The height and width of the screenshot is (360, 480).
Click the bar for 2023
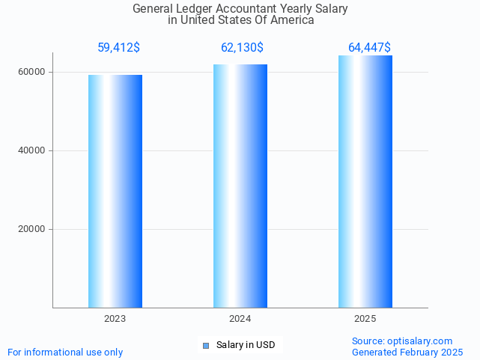pos(115,191)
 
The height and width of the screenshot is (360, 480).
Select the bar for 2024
pos(240,186)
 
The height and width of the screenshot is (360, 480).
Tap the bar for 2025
pos(365,181)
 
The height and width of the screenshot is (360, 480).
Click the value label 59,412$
pos(118,48)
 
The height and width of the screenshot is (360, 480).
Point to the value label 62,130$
pos(242,48)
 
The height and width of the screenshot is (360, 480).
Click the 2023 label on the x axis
pos(115,319)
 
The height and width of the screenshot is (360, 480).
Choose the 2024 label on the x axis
pos(240,319)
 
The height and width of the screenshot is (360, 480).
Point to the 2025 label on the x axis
pos(365,319)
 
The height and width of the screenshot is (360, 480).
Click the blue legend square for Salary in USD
pos(207,345)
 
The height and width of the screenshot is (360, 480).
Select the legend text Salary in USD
pos(246,345)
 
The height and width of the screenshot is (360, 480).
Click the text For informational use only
pos(65,352)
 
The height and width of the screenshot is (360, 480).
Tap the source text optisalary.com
pos(419,341)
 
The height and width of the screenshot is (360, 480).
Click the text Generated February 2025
pos(407,352)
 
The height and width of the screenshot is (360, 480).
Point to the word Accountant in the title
pos(251,9)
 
